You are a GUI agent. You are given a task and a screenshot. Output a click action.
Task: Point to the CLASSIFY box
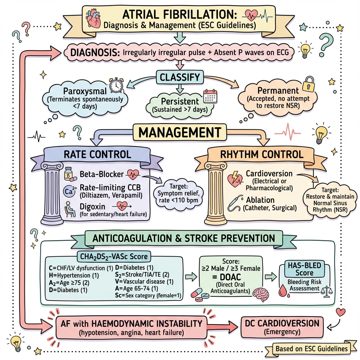click(x=180, y=76)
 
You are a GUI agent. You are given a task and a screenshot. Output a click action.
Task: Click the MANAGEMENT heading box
click(x=180, y=133)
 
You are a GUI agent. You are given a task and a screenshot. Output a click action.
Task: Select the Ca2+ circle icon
click(x=69, y=191)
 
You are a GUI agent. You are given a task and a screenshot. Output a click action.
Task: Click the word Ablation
click(x=260, y=200)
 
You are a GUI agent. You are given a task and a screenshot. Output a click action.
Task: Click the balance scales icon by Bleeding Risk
click(x=328, y=291)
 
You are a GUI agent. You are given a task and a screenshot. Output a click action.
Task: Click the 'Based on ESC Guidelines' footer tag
click(x=312, y=349)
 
